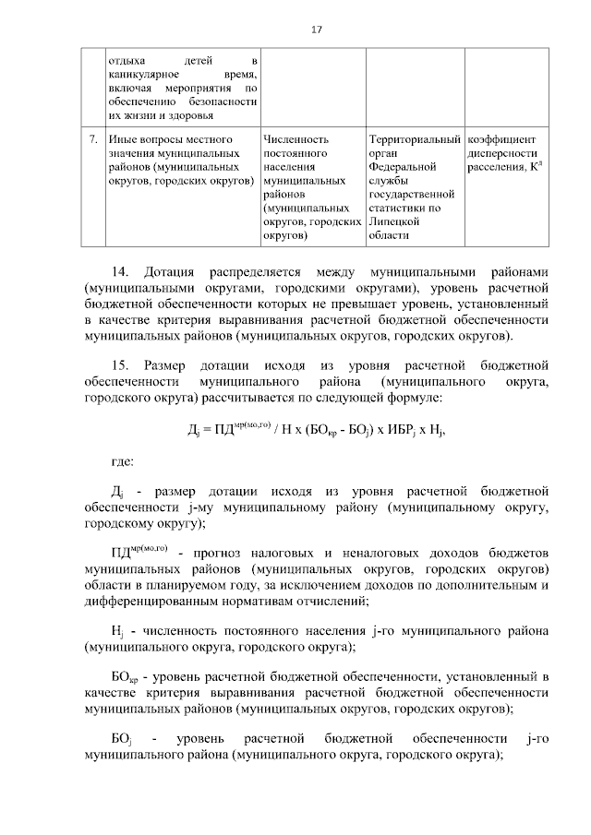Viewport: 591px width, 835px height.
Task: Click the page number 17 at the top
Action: click(x=316, y=30)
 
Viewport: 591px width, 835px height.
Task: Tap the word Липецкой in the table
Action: click(x=392, y=222)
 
